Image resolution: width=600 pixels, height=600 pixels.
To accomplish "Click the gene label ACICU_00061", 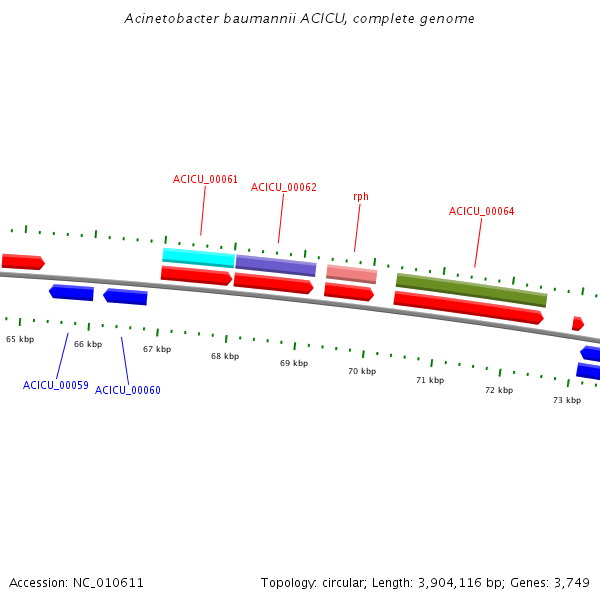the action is tap(205, 179).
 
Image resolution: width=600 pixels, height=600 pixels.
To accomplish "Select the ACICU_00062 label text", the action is tap(284, 187).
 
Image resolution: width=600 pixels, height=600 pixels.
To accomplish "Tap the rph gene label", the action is tap(361, 197).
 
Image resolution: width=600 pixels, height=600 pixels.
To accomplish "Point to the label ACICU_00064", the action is tap(481, 211).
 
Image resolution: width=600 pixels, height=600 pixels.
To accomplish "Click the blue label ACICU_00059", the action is tap(55, 385).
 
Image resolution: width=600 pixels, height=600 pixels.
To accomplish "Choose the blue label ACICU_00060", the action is tap(127, 390).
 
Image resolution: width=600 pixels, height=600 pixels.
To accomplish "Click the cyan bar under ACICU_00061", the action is tap(199, 258).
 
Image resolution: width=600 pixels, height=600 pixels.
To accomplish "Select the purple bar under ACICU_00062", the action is tap(276, 266).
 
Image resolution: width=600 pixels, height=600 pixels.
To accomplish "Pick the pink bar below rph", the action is tap(352, 274).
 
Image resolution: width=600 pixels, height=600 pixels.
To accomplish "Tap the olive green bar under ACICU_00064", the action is tap(471, 290).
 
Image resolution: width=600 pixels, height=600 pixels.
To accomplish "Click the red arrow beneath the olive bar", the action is tap(469, 308).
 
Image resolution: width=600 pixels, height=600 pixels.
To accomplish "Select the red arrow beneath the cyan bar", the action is tap(196, 276).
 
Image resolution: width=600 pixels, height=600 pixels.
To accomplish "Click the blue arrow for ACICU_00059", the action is tap(72, 292).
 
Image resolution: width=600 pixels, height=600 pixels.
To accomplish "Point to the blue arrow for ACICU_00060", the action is tap(126, 297).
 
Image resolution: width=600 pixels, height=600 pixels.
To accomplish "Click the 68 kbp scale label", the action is tap(225, 356).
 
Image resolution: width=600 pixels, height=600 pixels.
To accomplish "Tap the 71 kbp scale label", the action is tap(430, 380).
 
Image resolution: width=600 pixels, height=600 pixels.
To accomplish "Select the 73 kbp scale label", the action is tap(567, 400).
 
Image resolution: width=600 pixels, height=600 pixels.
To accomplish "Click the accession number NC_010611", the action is tap(108, 583).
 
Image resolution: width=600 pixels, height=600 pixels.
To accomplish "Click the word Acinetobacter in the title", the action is tap(171, 18).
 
